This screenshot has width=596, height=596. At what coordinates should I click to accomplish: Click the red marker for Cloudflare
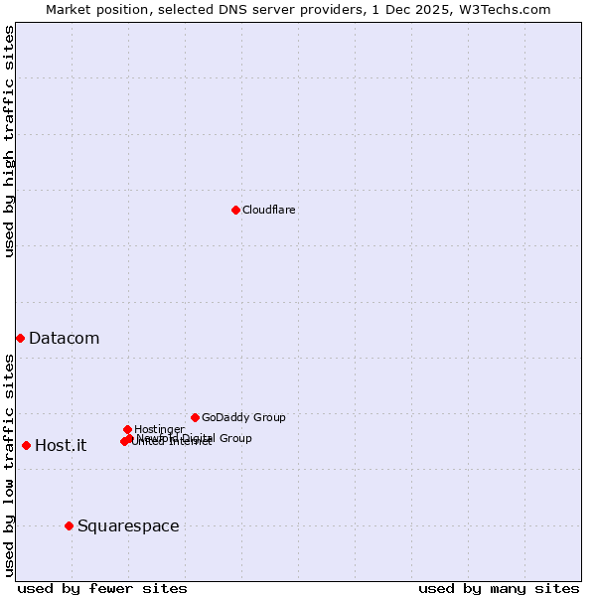point(235,210)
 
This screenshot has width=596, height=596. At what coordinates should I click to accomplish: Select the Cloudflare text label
point(269,210)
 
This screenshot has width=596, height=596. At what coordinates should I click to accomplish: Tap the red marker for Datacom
point(20,339)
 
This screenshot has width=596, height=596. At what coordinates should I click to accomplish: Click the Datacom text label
point(64,339)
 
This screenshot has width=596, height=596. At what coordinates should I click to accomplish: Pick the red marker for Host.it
point(26,445)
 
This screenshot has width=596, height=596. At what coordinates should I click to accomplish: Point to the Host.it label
point(61,445)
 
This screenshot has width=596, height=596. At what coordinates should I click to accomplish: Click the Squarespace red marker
point(69,525)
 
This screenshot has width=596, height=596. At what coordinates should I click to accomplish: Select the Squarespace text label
point(128,525)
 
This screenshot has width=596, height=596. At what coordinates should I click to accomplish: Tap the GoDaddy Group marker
point(195,417)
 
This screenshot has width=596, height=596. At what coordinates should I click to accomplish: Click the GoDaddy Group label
point(243,417)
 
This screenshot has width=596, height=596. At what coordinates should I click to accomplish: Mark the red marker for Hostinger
point(127,429)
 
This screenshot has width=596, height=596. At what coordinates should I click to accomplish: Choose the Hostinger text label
point(159,429)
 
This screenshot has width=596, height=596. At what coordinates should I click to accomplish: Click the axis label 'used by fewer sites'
point(102,588)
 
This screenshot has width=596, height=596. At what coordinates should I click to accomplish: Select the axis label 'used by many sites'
point(499,588)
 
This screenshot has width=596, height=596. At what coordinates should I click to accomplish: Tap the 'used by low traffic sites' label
point(9,465)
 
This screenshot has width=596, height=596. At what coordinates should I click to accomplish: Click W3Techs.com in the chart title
point(506,9)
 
